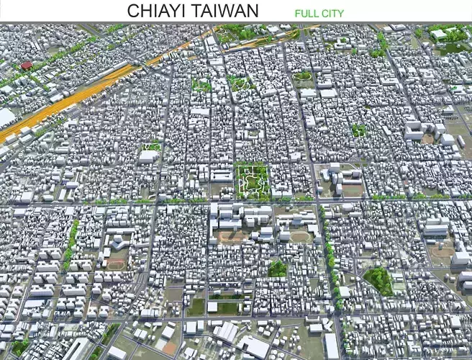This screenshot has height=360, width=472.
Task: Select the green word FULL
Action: [x=307, y=13]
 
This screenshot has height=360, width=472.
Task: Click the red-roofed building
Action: [x=27, y=66]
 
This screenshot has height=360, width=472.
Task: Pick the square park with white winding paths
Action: [x=252, y=180]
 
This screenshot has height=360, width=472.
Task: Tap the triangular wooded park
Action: [x=378, y=279]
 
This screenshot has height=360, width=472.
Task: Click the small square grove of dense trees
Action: [x=277, y=269]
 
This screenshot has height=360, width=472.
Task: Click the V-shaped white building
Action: [x=117, y=240]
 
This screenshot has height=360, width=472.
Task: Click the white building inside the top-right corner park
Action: [x=438, y=34]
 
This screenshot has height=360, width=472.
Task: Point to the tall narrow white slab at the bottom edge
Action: [x=331, y=346]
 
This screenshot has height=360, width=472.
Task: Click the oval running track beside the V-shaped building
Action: [x=115, y=264]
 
